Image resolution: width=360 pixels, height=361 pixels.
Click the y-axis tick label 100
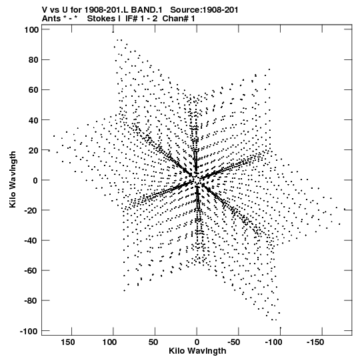coord(31,30)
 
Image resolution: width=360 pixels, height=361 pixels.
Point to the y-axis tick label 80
coord(33,60)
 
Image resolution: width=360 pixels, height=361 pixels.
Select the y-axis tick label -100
coord(29,331)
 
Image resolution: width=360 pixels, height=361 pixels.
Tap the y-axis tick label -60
coord(31,271)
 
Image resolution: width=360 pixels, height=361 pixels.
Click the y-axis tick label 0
coord(35,180)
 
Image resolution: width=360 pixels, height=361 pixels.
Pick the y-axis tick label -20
coord(31,210)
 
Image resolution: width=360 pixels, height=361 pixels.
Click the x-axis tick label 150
coord(68,342)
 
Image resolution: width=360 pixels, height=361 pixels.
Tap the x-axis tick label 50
coord(153,342)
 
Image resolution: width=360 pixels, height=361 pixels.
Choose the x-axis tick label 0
coord(197,342)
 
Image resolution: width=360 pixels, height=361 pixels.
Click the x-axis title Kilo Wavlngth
coord(197,351)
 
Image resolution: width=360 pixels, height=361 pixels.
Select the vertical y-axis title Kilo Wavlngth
coord(13,179)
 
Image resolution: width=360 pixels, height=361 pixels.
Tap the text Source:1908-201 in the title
coord(204,10)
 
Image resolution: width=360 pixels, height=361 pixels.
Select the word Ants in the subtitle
coord(51,19)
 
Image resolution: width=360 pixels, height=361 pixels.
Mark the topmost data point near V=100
coord(113,32)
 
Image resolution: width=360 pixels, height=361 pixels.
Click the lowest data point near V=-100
coord(281,328)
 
